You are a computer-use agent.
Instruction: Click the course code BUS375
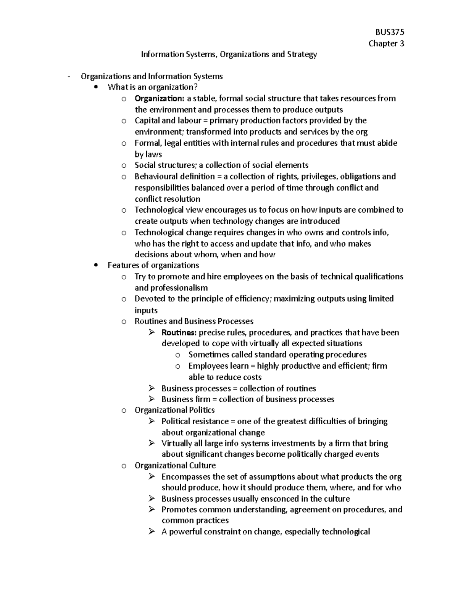pos(389,32)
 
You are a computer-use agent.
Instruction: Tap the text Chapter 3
pos(386,43)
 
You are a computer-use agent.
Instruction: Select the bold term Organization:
pos(159,99)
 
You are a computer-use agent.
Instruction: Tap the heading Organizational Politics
pos(174,410)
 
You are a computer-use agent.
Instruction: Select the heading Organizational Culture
pos(175,465)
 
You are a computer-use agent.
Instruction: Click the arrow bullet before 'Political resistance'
pos(152,421)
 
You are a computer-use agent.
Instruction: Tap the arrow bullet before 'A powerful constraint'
pos(152,532)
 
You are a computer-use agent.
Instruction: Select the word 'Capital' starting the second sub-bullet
pos(147,121)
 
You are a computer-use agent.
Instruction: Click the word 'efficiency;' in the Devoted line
pos(254,299)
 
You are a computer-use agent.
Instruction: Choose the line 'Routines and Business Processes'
pos(194,321)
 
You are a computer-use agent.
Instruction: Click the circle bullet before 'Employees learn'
pos(177,366)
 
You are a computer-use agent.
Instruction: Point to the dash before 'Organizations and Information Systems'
pos(69,77)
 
